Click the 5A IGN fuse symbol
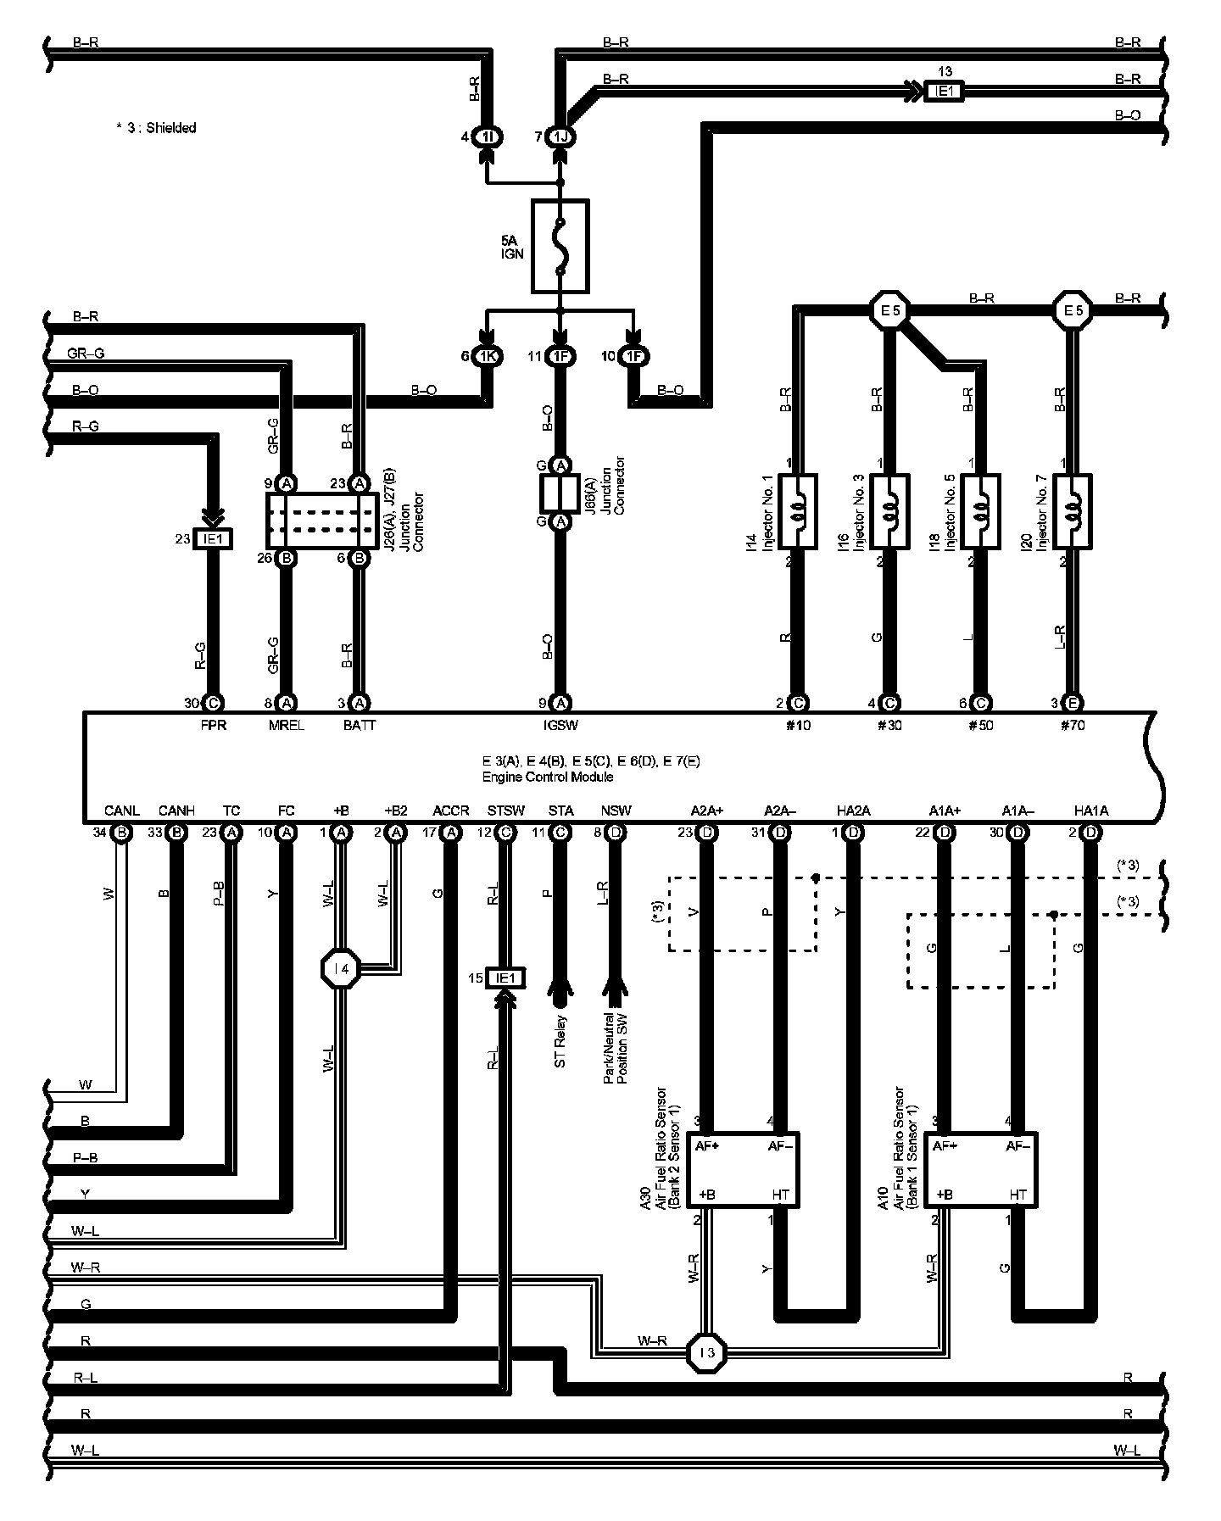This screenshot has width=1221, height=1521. coord(560,247)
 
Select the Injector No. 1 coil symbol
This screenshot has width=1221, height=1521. coord(796,511)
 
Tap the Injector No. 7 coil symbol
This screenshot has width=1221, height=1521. coord(1073,511)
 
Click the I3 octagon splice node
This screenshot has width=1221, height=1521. coord(707,1354)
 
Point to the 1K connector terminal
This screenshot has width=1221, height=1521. coord(487,357)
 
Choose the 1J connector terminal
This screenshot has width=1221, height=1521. coord(560,136)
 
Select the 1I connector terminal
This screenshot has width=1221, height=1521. coord(487,136)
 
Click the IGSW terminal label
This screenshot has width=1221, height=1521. coord(560,726)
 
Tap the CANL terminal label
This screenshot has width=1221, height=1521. coord(121,811)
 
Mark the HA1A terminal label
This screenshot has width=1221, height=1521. coord(1090,811)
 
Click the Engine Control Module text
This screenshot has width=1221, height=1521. coord(548,777)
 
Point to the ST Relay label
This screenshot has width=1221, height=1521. coord(560,1041)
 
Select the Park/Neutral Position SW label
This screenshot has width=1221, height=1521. coord(616,1050)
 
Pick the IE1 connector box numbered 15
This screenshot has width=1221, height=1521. coord(505,978)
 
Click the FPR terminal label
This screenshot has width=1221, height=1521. coord(214,726)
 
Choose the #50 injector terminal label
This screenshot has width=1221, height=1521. coord(980,726)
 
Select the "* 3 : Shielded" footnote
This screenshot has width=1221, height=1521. coord(156,128)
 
